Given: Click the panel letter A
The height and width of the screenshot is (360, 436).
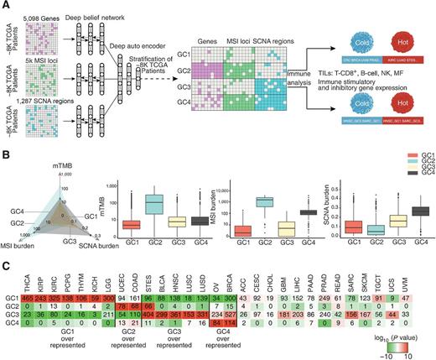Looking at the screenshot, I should tap(5, 5).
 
